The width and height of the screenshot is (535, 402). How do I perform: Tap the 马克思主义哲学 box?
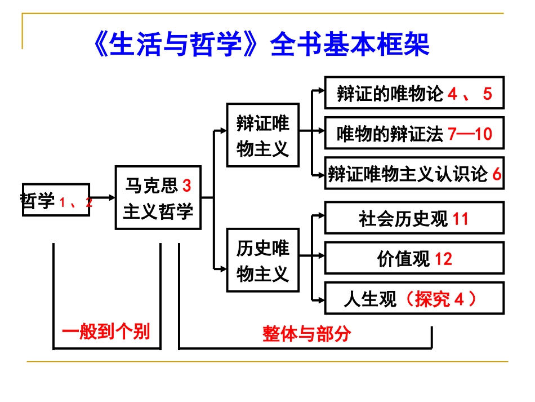pos(158,197)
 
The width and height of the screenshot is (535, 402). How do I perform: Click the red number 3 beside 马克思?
pos(187,184)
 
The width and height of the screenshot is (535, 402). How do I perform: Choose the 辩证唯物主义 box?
pos(262,135)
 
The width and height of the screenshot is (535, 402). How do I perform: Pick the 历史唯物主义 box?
pos(262,260)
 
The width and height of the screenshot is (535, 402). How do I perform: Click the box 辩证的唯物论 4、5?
pos(414,93)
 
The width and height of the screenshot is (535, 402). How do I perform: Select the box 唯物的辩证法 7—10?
pos(414,134)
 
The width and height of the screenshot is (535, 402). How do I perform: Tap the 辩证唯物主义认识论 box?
pos(414,174)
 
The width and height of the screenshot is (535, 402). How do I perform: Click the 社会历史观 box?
pos(414,218)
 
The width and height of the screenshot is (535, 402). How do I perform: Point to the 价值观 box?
pos(414,259)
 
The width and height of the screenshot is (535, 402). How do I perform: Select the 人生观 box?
pos(414,298)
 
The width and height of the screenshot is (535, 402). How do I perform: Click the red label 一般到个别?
pos(106,332)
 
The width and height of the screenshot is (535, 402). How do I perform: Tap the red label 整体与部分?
pos(306,334)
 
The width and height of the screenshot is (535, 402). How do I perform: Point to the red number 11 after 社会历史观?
pos(460,219)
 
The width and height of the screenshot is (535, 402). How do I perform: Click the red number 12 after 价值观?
pos(443,259)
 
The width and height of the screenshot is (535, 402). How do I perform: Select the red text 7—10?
pos(470,134)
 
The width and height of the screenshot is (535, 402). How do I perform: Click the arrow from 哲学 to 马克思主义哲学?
pos(102,197)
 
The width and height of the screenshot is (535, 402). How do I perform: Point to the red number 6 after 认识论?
pos(496,175)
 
